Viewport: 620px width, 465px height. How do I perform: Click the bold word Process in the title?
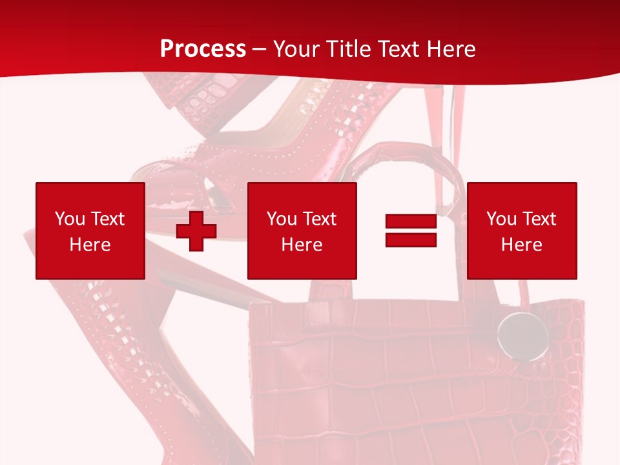(x=203, y=49)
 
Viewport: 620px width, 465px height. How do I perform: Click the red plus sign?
(x=196, y=231)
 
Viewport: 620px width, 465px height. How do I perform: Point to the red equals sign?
(x=411, y=231)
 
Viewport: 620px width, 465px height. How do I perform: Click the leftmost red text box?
(x=90, y=231)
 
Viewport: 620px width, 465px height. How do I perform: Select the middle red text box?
(x=302, y=231)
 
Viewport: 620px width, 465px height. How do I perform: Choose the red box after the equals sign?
(x=522, y=231)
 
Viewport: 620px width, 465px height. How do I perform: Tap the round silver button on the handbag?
(x=522, y=336)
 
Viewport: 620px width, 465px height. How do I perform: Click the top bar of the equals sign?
(x=411, y=222)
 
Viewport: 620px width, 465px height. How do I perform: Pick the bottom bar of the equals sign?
(x=411, y=240)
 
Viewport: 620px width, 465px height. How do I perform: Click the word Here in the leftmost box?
(x=90, y=245)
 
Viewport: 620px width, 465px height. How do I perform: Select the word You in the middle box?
(x=282, y=219)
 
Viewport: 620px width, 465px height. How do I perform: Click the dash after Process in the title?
(x=260, y=49)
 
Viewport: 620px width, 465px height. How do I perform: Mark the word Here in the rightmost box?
(x=522, y=245)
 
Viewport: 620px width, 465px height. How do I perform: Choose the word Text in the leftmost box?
(x=108, y=219)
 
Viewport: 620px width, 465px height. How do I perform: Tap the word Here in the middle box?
(x=302, y=245)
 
